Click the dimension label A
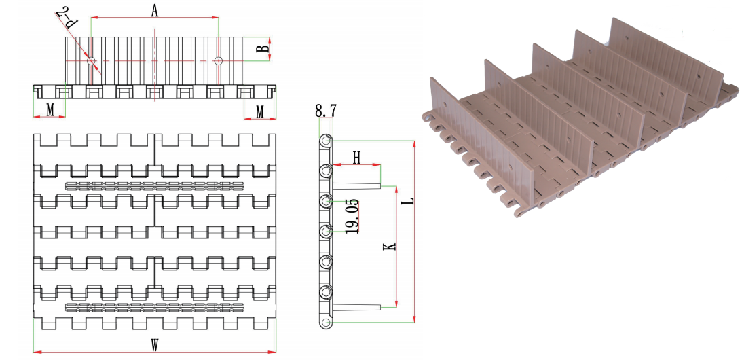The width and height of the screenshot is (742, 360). click(x=154, y=10)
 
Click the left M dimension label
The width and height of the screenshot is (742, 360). click(x=50, y=110)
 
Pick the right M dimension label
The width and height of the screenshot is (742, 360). click(x=260, y=112)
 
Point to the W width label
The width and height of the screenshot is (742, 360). click(x=154, y=345)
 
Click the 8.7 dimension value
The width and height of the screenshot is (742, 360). click(x=326, y=111)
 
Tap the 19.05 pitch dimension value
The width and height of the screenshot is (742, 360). click(x=352, y=217)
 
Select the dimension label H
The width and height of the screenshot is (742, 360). click(x=357, y=158)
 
